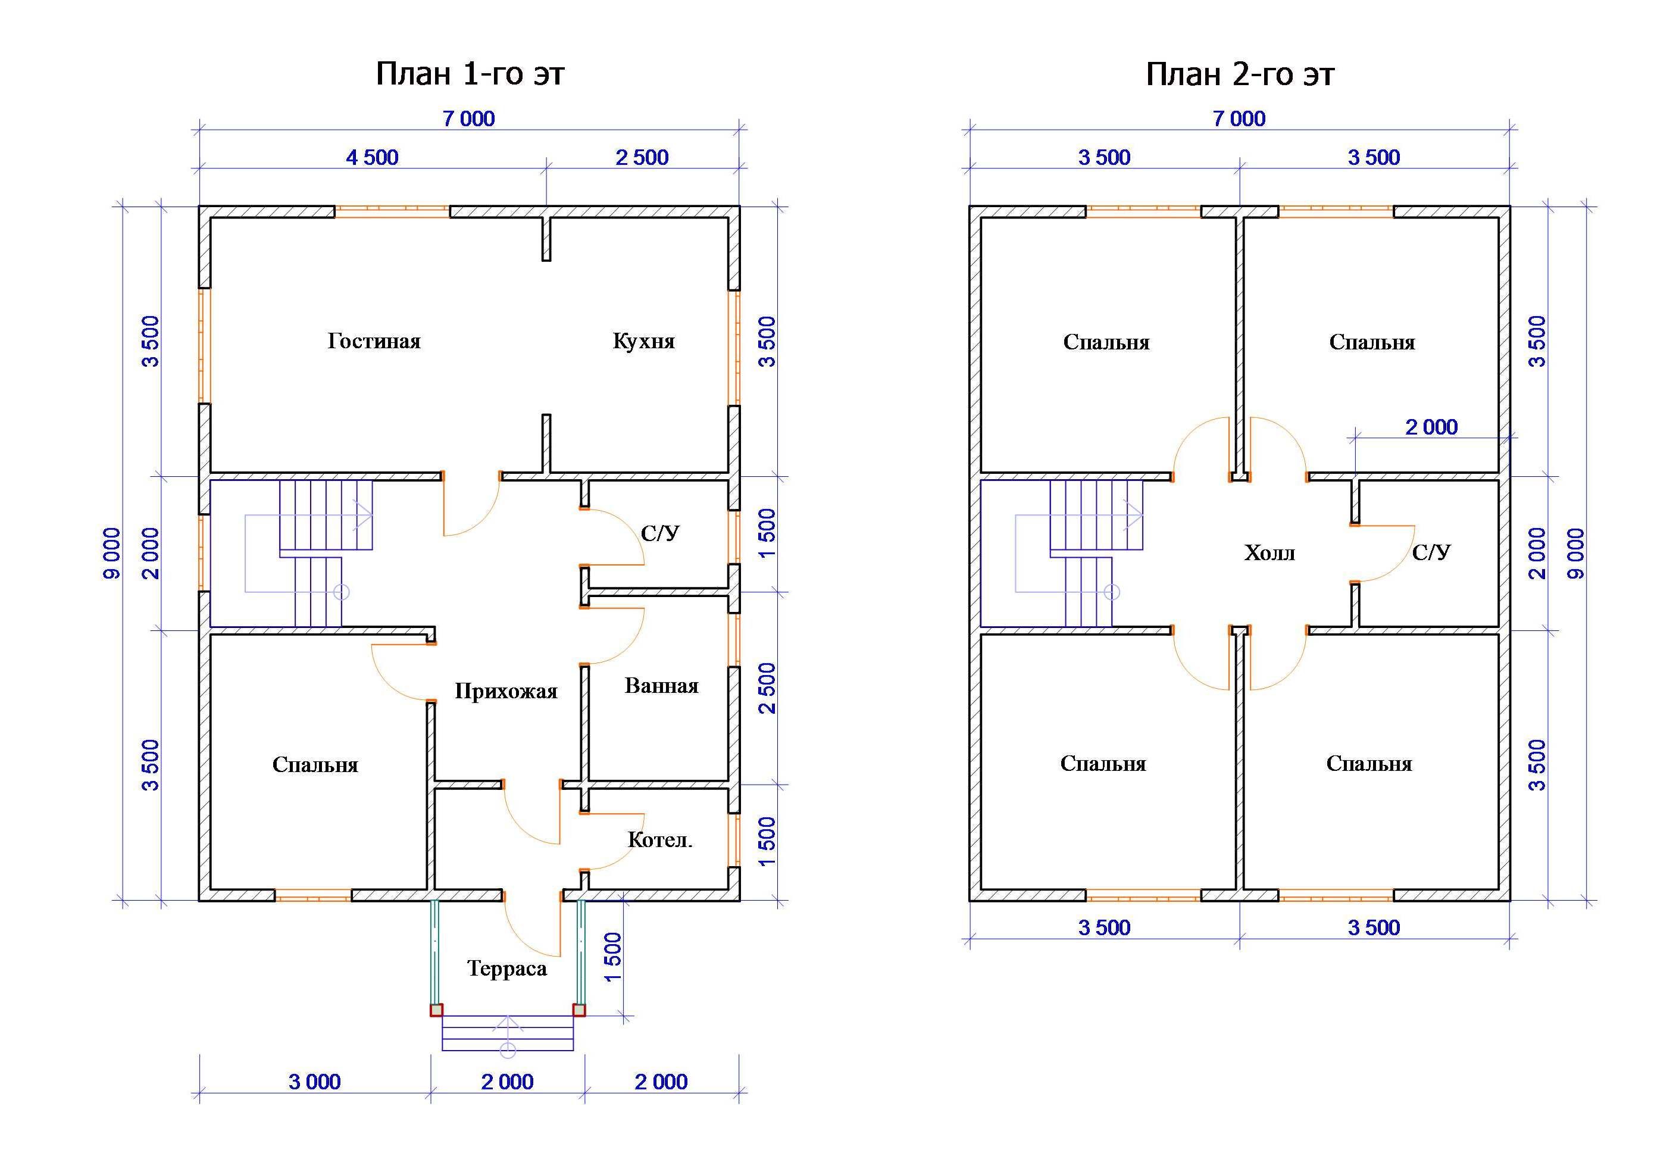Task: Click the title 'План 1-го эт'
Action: (470, 74)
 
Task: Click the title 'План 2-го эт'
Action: (1239, 74)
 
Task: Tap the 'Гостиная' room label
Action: (374, 341)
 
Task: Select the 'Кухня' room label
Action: (643, 341)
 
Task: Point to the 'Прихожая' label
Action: (505, 691)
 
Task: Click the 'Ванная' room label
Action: (661, 685)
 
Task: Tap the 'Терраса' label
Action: (506, 968)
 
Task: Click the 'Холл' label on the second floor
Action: (1269, 554)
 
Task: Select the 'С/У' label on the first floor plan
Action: (660, 534)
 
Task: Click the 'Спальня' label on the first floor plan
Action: (315, 765)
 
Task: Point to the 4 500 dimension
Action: (372, 157)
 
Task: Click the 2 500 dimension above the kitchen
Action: (642, 157)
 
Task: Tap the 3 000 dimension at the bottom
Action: (314, 1082)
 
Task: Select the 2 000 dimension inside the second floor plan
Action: (1431, 427)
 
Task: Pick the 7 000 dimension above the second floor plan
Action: (1239, 119)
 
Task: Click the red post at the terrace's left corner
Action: (436, 1010)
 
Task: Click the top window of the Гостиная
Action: (392, 211)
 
